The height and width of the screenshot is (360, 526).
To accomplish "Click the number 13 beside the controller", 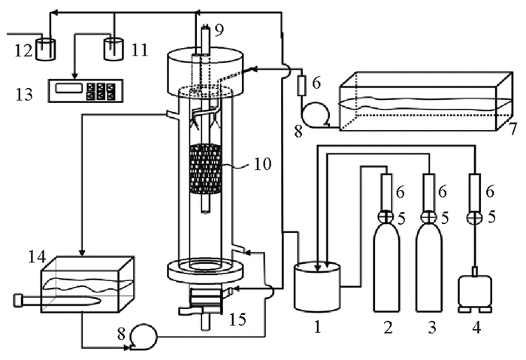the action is tap(24, 94).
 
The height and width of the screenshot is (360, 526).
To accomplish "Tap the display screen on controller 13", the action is tap(69, 88).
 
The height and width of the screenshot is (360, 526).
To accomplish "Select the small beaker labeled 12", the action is tap(46, 50).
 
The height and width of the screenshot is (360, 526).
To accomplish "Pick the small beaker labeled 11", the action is tap(113, 50).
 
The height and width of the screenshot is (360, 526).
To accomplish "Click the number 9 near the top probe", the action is tap(219, 31).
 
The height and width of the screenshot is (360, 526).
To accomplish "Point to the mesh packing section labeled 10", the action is tap(205, 169).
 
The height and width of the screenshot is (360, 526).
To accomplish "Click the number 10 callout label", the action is tap(262, 164).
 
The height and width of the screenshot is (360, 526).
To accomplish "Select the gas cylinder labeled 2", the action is tap(387, 268).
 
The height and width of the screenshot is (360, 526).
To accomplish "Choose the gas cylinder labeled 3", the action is tap(429, 268).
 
